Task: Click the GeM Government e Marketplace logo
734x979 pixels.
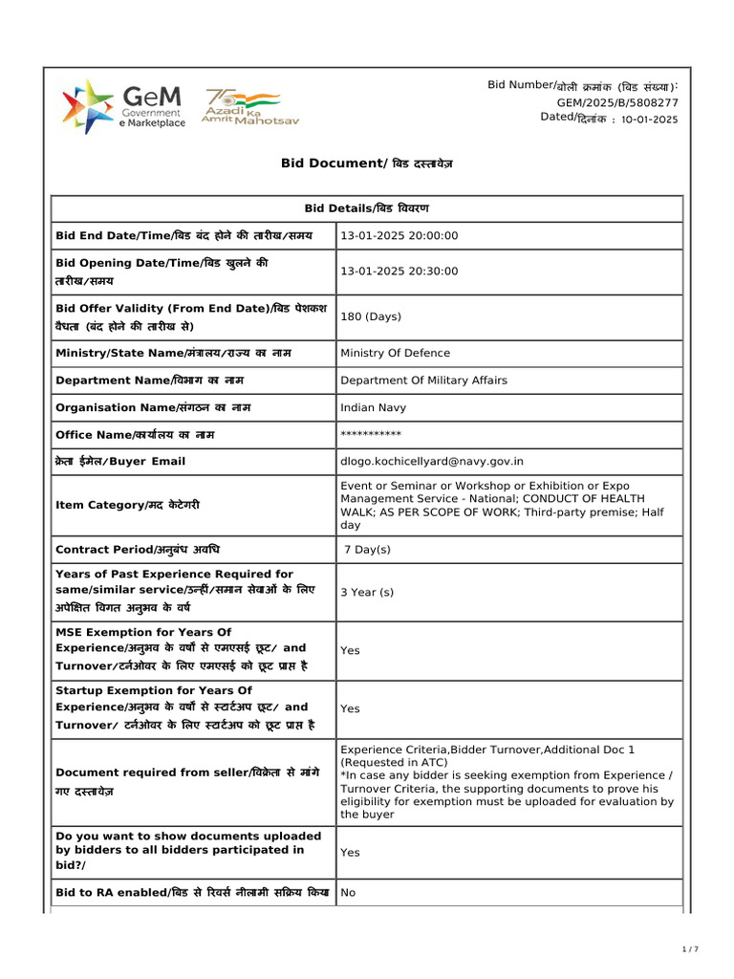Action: (123, 107)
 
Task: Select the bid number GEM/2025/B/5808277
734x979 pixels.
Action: (617, 102)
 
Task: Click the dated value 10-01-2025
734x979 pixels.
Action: (649, 120)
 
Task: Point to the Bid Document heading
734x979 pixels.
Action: (367, 163)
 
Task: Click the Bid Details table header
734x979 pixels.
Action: (367, 208)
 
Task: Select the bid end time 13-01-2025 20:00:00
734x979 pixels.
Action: (399, 236)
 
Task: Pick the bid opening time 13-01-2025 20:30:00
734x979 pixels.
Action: (399, 272)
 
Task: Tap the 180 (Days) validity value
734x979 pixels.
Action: (371, 316)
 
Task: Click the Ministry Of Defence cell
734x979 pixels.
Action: (395, 353)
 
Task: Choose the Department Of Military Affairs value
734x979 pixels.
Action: (423, 381)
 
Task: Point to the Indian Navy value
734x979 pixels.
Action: (373, 407)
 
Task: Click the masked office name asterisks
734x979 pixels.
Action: (371, 435)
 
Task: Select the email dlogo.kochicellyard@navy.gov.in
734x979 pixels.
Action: (432, 462)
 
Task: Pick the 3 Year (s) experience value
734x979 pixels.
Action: (367, 592)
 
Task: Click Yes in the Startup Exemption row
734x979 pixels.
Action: (350, 708)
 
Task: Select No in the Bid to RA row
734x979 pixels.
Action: (348, 892)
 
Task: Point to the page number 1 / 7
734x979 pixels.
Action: (690, 949)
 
